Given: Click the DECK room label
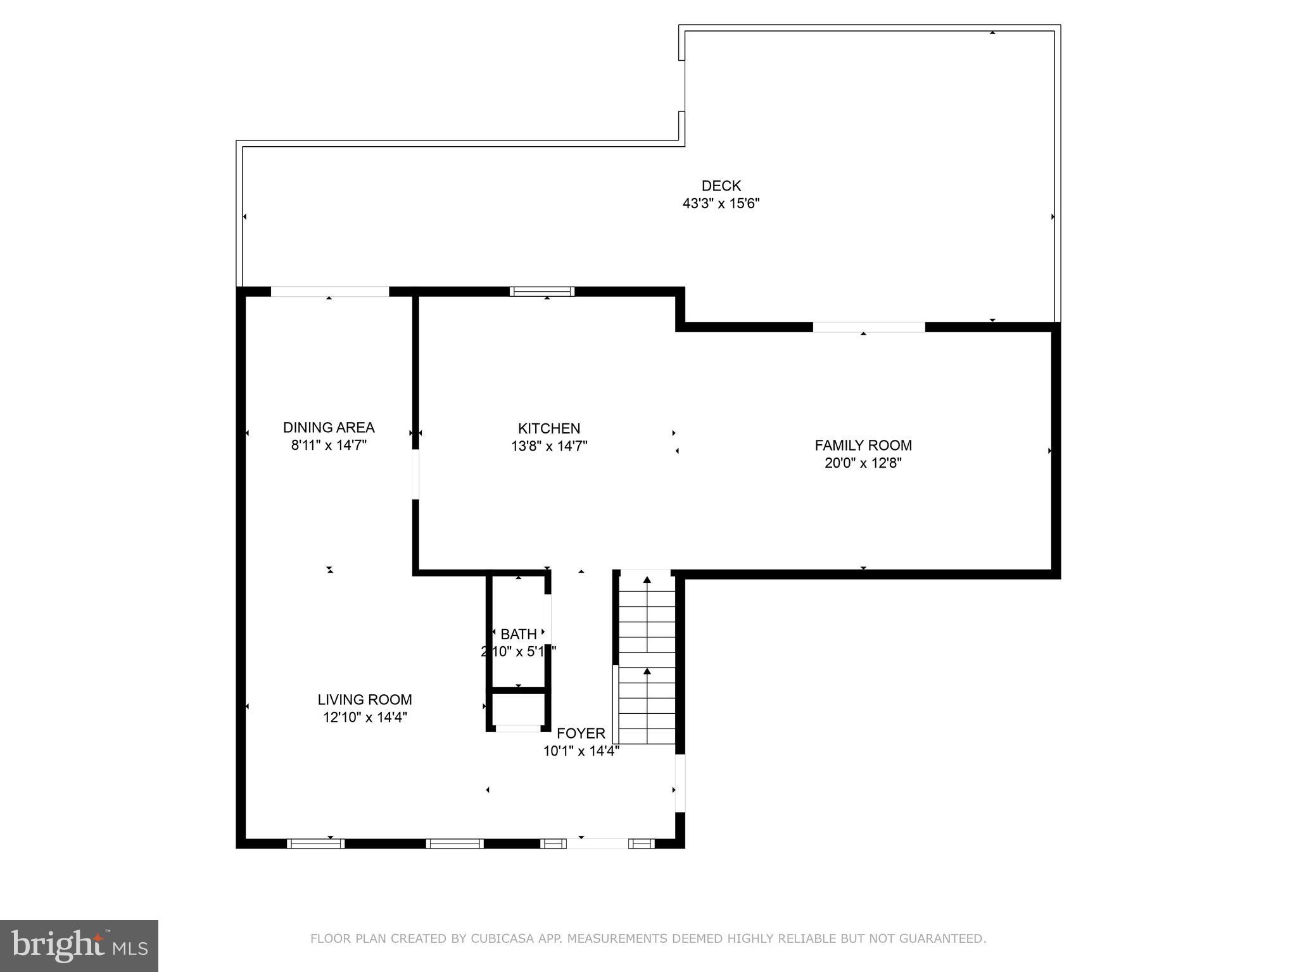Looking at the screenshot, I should (721, 186).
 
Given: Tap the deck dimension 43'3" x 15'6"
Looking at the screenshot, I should (721, 204).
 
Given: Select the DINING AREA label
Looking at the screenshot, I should (329, 428).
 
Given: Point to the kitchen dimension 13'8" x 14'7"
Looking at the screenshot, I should (549, 446).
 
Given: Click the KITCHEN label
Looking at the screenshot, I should (549, 428).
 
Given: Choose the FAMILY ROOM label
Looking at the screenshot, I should (863, 445).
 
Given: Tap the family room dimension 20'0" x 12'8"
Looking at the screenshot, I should (863, 463).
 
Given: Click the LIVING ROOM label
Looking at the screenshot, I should (365, 700).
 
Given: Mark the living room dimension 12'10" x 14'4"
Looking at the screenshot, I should (365, 718).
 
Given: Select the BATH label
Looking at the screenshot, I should (519, 634).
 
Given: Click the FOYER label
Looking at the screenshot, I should (581, 733).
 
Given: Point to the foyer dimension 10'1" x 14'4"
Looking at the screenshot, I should (581, 751).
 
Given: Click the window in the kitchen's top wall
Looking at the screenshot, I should (542, 292).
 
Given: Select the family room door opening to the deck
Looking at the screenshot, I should (868, 327).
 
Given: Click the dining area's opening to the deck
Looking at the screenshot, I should (329, 292).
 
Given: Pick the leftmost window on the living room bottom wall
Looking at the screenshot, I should (315, 844).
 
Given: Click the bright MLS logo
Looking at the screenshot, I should (79, 946).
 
